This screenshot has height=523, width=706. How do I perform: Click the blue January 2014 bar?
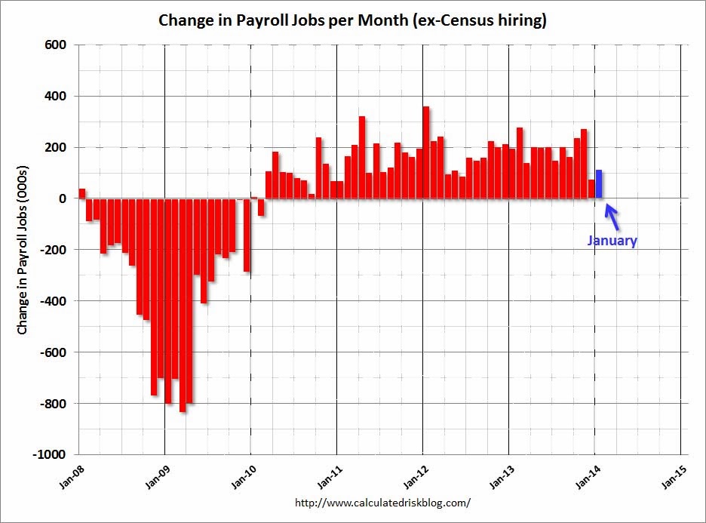pyautogui.click(x=599, y=184)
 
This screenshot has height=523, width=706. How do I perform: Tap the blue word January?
pyautogui.click(x=612, y=242)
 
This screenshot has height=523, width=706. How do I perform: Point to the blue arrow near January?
pyautogui.click(x=612, y=217)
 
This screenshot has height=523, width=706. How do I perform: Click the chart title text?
pyautogui.click(x=352, y=20)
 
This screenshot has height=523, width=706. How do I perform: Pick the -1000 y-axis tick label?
pyautogui.click(x=50, y=455)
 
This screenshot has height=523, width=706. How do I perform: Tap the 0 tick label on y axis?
pyautogui.click(x=63, y=198)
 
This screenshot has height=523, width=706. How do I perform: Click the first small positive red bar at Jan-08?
pyautogui.click(x=82, y=193)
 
